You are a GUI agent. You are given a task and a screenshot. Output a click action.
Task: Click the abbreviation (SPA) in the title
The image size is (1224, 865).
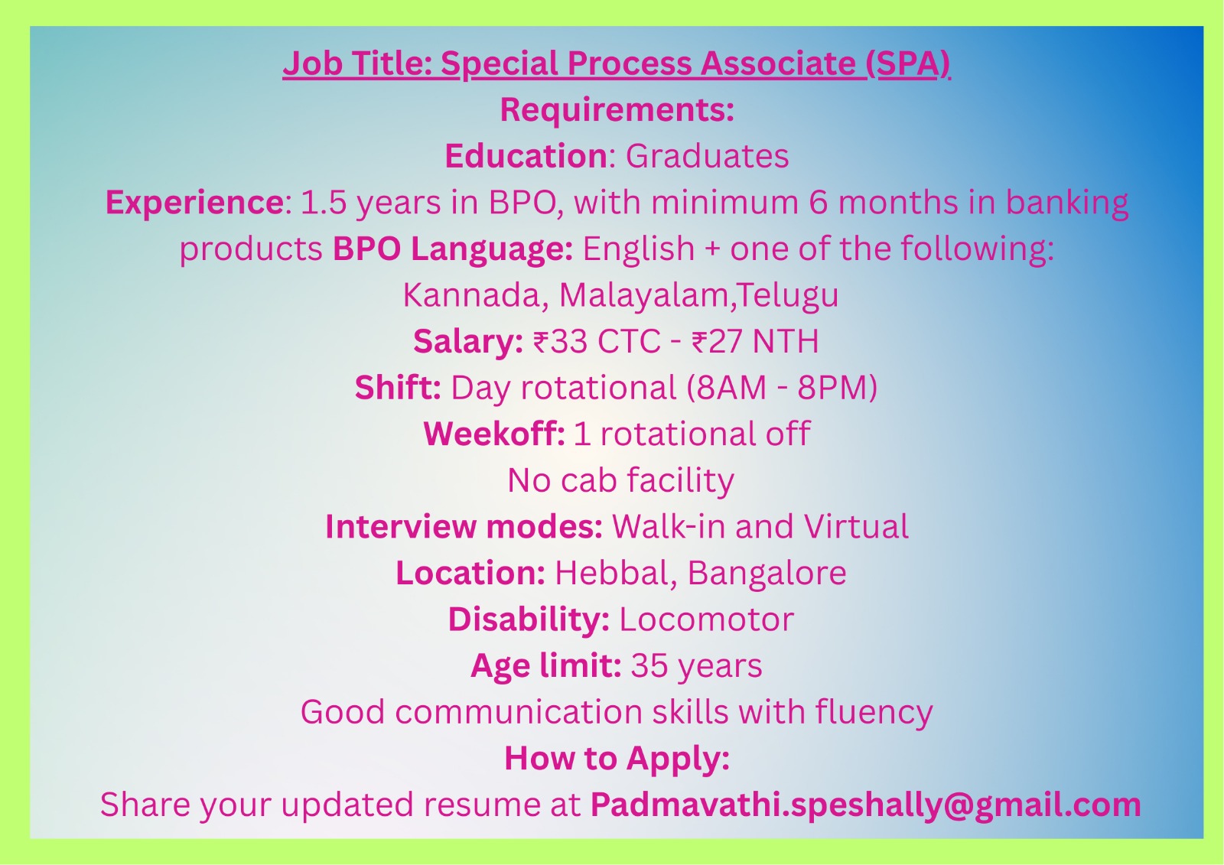[908, 64]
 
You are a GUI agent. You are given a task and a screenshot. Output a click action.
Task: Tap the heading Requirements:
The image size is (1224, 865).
[617, 109]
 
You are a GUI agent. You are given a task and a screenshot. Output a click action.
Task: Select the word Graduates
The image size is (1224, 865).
[707, 156]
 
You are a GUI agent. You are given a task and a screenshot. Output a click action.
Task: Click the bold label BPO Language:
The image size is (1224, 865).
[452, 249]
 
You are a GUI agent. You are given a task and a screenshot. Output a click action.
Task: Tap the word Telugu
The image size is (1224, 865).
[786, 296]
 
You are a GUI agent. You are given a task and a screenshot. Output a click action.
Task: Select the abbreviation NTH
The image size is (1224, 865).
[785, 342]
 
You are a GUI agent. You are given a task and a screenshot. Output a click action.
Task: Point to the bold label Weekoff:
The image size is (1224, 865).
[494, 434]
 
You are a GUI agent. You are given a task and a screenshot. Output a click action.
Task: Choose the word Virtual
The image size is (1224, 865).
[856, 526]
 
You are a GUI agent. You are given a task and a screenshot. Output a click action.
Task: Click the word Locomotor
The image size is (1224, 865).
[706, 619]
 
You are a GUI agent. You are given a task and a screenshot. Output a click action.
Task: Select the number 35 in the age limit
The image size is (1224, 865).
[649, 665]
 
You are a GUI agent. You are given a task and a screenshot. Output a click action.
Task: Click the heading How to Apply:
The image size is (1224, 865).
[617, 759]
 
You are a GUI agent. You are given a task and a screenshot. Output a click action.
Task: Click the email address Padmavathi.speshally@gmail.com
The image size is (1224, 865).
[865, 805]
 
